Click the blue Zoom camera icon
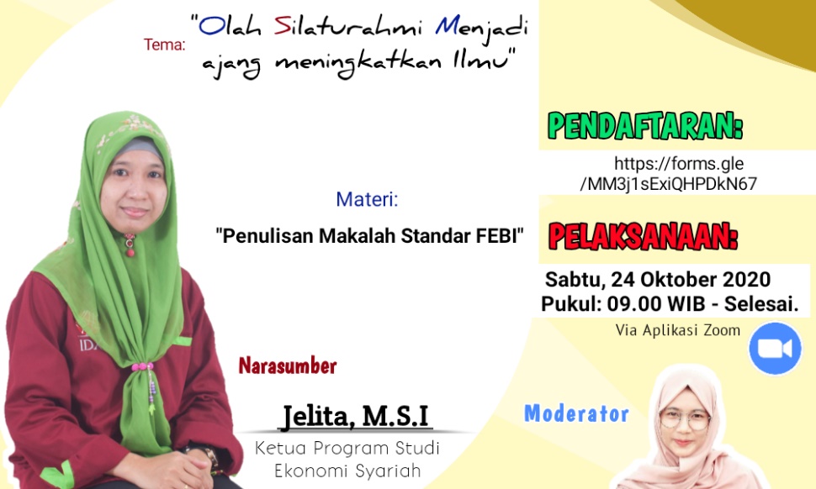[775, 349]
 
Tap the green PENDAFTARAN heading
[645, 126]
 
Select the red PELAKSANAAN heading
[644, 237]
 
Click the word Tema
[164, 45]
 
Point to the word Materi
[367, 199]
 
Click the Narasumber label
[288, 365]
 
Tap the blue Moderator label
[576, 413]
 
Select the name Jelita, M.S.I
[356, 416]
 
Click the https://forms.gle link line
[679, 164]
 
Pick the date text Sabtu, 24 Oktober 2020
[658, 280]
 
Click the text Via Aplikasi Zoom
[677, 330]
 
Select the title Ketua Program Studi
[347, 448]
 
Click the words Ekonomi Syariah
[347, 471]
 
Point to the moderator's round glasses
[685, 419]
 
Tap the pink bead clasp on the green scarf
[142, 366]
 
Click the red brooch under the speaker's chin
[130, 246]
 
